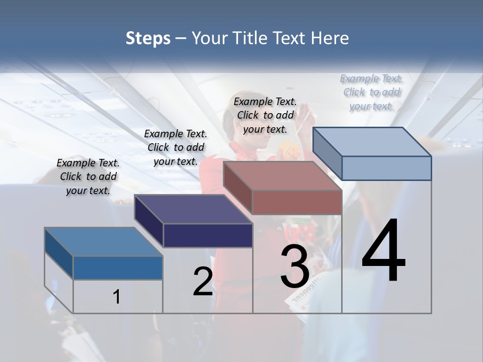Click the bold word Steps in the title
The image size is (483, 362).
148,38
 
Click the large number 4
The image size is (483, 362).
383,251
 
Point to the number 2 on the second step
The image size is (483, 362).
203,282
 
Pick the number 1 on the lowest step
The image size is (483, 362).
117,297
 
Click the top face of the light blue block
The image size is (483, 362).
372,142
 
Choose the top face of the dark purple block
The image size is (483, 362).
194,209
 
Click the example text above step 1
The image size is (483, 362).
88,176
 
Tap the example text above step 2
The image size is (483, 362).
176,147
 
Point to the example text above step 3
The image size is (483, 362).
265,115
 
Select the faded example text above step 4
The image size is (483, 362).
371,92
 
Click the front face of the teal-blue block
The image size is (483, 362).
118,267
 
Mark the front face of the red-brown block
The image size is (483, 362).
297,203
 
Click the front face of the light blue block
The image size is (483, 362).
386,168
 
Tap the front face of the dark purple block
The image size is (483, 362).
208,235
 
